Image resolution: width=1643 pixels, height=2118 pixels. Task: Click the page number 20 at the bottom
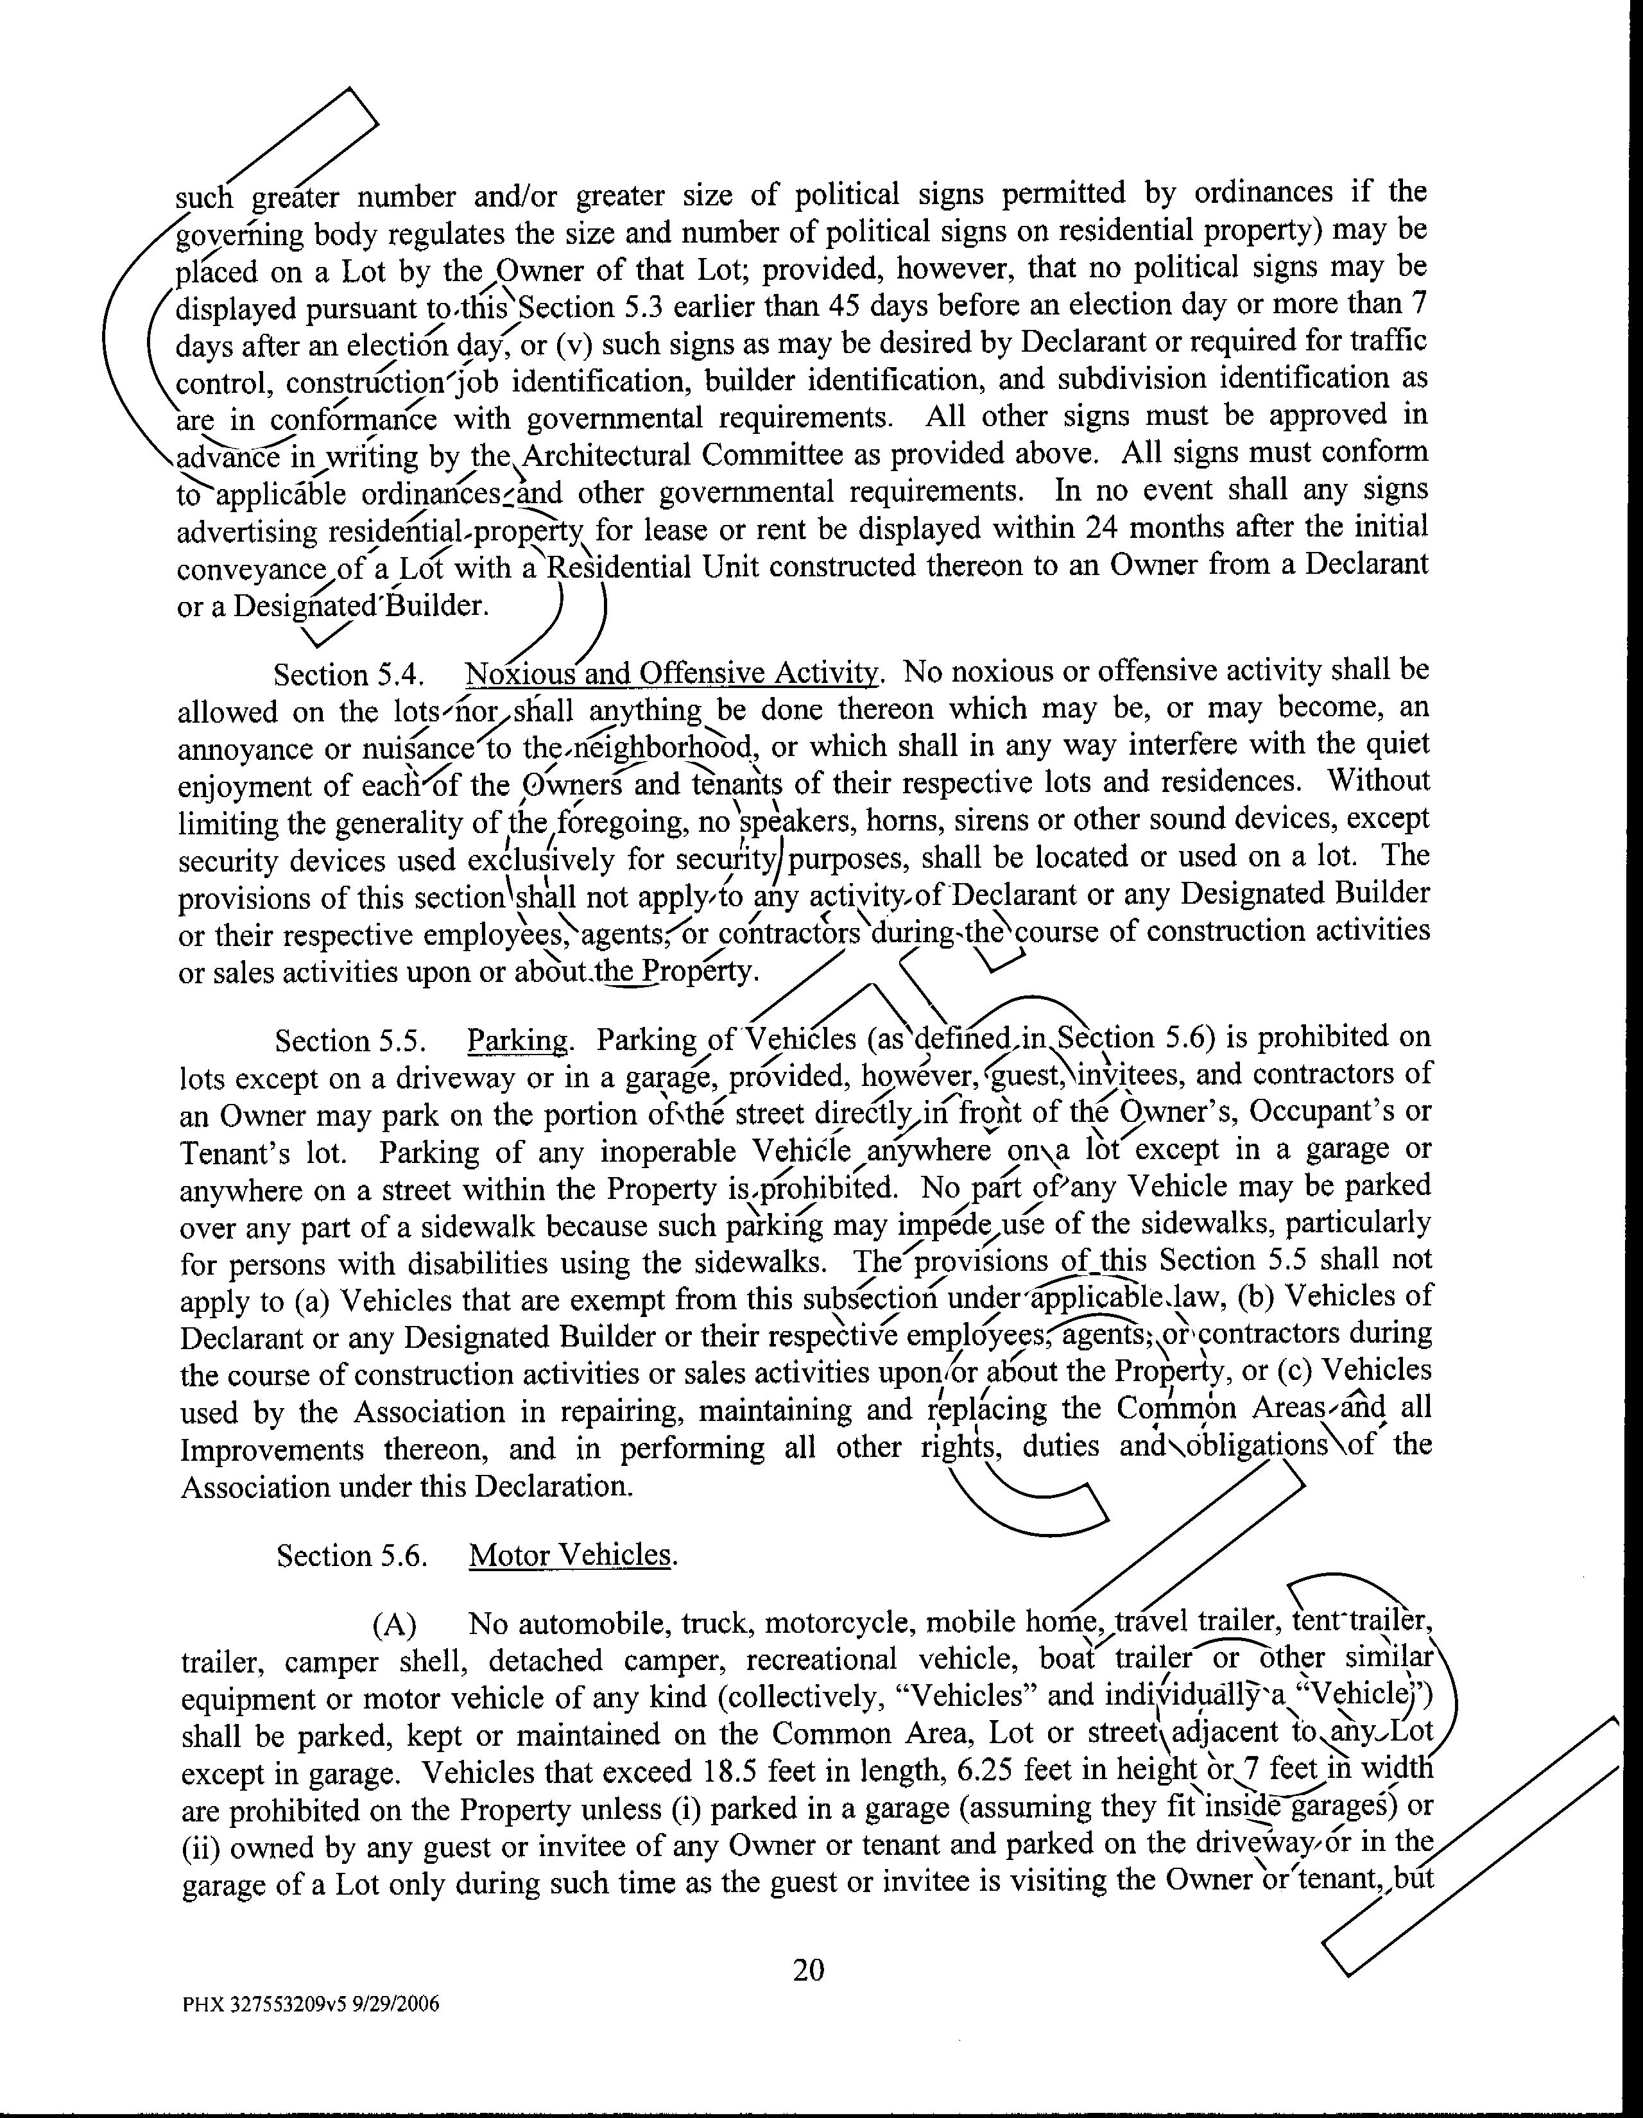pyautogui.click(x=808, y=1970)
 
